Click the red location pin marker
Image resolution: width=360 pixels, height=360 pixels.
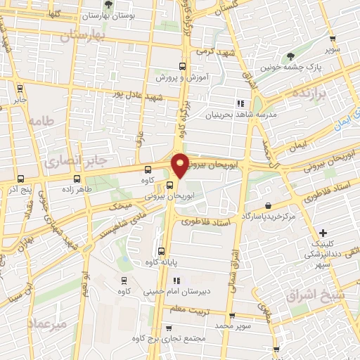pyautogui.click(x=180, y=165)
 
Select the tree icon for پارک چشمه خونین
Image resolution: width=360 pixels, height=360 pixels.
pyautogui.click(x=290, y=57)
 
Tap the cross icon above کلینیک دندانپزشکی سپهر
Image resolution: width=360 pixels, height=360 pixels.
pyautogui.click(x=323, y=233)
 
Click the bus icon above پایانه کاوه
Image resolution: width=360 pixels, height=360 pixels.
pyautogui.click(x=163, y=251)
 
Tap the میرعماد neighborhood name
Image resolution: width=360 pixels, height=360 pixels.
pyautogui.click(x=46, y=324)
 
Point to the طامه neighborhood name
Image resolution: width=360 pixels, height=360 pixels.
pyautogui.click(x=41, y=122)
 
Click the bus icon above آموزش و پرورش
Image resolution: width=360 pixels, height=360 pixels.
pyautogui.click(x=183, y=67)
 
